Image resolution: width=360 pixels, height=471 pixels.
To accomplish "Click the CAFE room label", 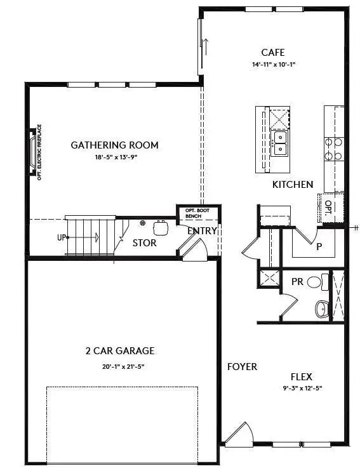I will tap(273, 53).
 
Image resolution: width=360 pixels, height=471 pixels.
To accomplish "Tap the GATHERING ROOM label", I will tap(114, 145).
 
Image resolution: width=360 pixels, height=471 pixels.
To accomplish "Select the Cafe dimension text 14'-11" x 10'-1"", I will tap(273, 65).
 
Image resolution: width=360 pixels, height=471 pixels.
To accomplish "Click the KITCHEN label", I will tap(293, 185).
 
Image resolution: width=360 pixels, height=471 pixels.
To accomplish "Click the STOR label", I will tap(144, 243).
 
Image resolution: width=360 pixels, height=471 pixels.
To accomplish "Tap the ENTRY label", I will tap(202, 231).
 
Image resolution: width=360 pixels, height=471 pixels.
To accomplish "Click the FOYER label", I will tap(243, 367).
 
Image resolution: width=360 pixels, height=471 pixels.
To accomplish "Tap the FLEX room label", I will tap(301, 376).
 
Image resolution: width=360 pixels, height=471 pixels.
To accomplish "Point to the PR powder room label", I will tap(297, 281).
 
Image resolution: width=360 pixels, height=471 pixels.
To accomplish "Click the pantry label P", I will tap(319, 246).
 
